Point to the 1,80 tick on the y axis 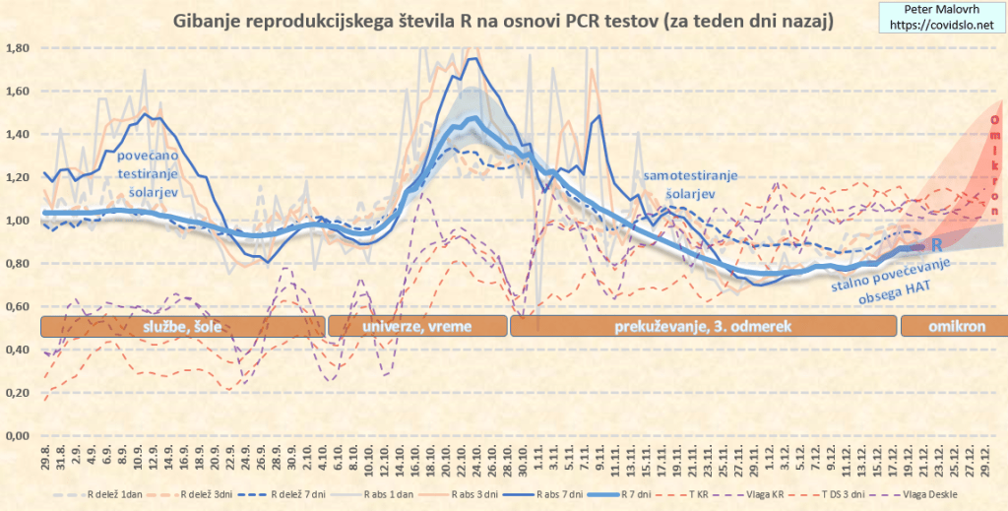point(18,48)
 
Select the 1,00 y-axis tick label point(18,221)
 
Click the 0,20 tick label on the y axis point(18,393)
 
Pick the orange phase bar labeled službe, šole point(182,326)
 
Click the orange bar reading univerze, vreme point(416,326)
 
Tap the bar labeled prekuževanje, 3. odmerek point(702,326)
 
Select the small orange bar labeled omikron point(951,326)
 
